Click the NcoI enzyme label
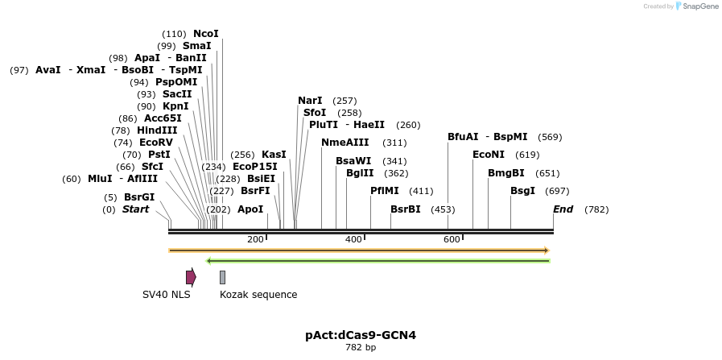(x=205, y=34)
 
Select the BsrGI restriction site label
(x=138, y=197)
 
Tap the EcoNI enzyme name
(x=489, y=155)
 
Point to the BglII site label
(x=360, y=173)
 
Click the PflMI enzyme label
(x=385, y=191)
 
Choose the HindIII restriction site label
(x=157, y=130)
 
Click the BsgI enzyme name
(x=522, y=191)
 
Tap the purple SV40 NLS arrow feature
(x=191, y=277)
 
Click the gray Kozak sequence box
(x=222, y=277)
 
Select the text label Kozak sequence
(x=258, y=295)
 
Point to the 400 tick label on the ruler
(x=353, y=239)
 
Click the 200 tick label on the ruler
(x=255, y=239)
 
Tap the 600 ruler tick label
(x=452, y=239)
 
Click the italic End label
(x=563, y=209)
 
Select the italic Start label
(x=135, y=209)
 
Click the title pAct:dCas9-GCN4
(x=361, y=335)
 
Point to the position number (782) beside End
(x=596, y=209)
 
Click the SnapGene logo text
(x=697, y=6)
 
